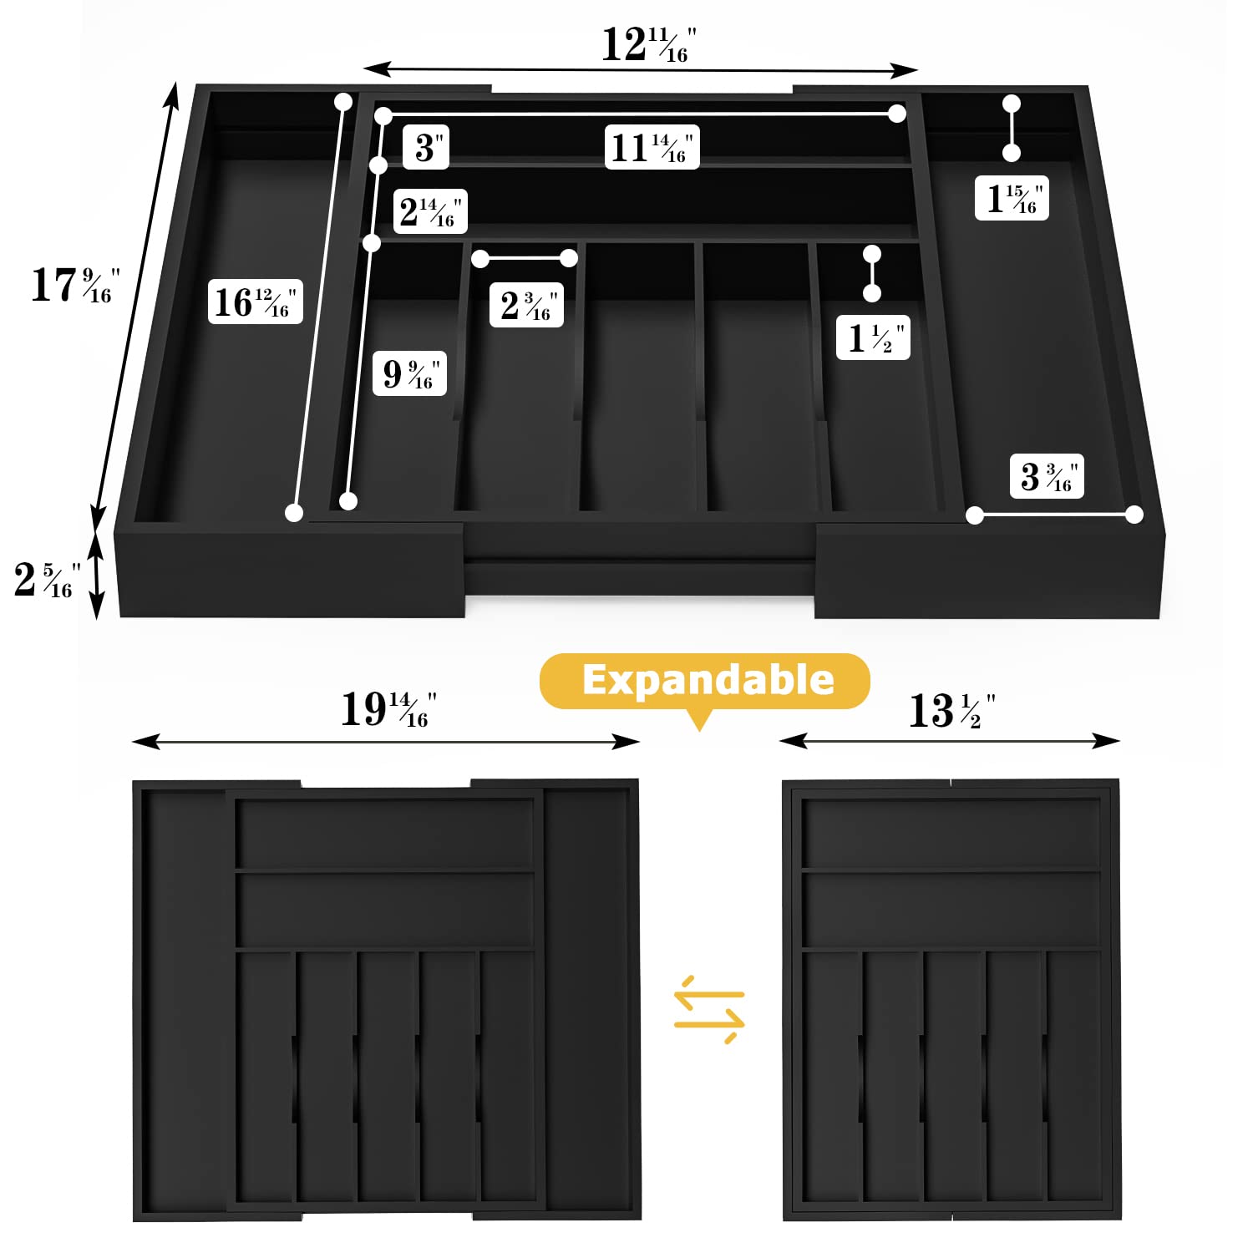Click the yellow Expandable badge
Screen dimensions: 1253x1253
pos(705,682)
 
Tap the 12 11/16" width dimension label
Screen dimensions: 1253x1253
pos(649,45)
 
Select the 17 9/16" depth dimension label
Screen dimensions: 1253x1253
pos(75,285)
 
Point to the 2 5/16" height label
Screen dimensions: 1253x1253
pos(47,579)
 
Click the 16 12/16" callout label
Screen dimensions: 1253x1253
pos(255,302)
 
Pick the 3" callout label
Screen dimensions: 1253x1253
pos(426,147)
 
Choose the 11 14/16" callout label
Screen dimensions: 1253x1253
pos(652,147)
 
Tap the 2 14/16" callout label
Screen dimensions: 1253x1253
pos(430,211)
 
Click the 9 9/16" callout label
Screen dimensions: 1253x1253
pos(409,373)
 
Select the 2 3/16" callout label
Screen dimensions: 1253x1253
pos(526,305)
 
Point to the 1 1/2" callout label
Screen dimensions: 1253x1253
pos(873,337)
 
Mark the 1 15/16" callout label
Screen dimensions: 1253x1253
pos(1012,198)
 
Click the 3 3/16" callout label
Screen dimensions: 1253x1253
pos(1047,476)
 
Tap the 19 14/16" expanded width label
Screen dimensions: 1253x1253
pos(388,709)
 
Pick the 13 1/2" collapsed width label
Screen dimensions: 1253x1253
pos(951,711)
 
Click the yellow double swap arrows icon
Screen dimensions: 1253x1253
pos(709,1008)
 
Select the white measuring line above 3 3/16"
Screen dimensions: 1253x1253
pos(1054,515)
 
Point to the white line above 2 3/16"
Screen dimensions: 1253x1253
pos(525,259)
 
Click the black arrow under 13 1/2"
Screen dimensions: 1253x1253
pos(950,741)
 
